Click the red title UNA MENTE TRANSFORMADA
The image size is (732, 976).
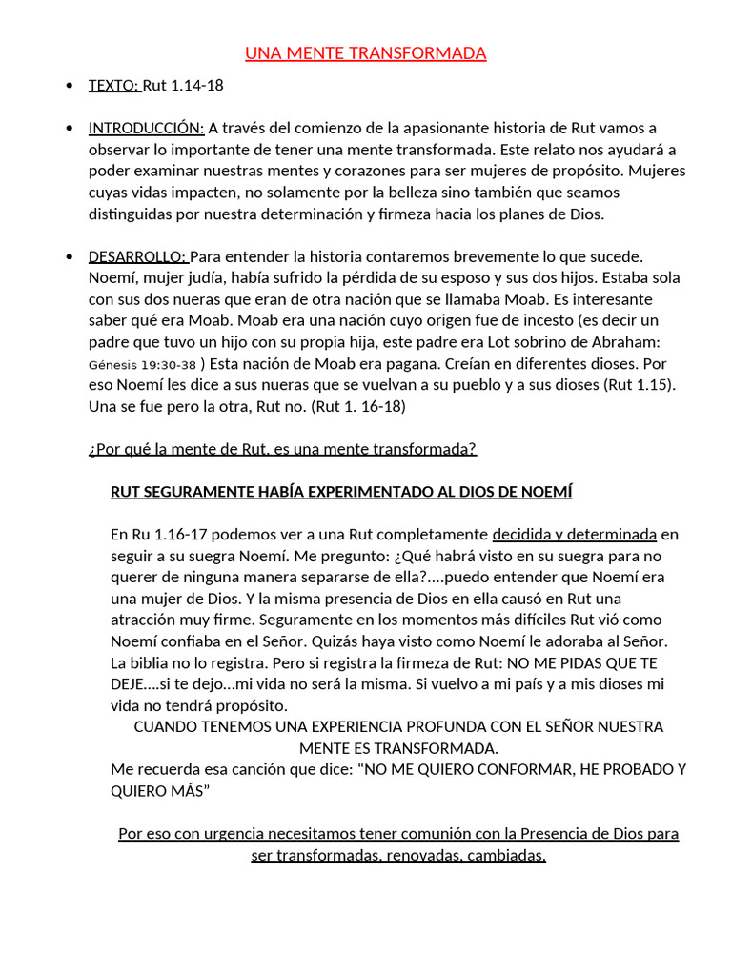[366, 53]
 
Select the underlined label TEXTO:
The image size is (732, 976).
[114, 86]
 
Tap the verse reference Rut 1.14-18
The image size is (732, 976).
[183, 86]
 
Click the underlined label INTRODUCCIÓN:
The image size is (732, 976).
[146, 129]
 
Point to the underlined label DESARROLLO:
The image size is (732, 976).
[138, 257]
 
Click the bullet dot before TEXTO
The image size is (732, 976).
[70, 87]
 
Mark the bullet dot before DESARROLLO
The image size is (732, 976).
[70, 258]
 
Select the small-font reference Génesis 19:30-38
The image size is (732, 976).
[142, 364]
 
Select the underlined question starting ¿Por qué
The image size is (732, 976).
[282, 449]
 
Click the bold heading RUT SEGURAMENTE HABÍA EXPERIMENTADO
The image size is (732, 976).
[341, 492]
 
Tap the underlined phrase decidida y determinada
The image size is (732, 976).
[574, 535]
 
